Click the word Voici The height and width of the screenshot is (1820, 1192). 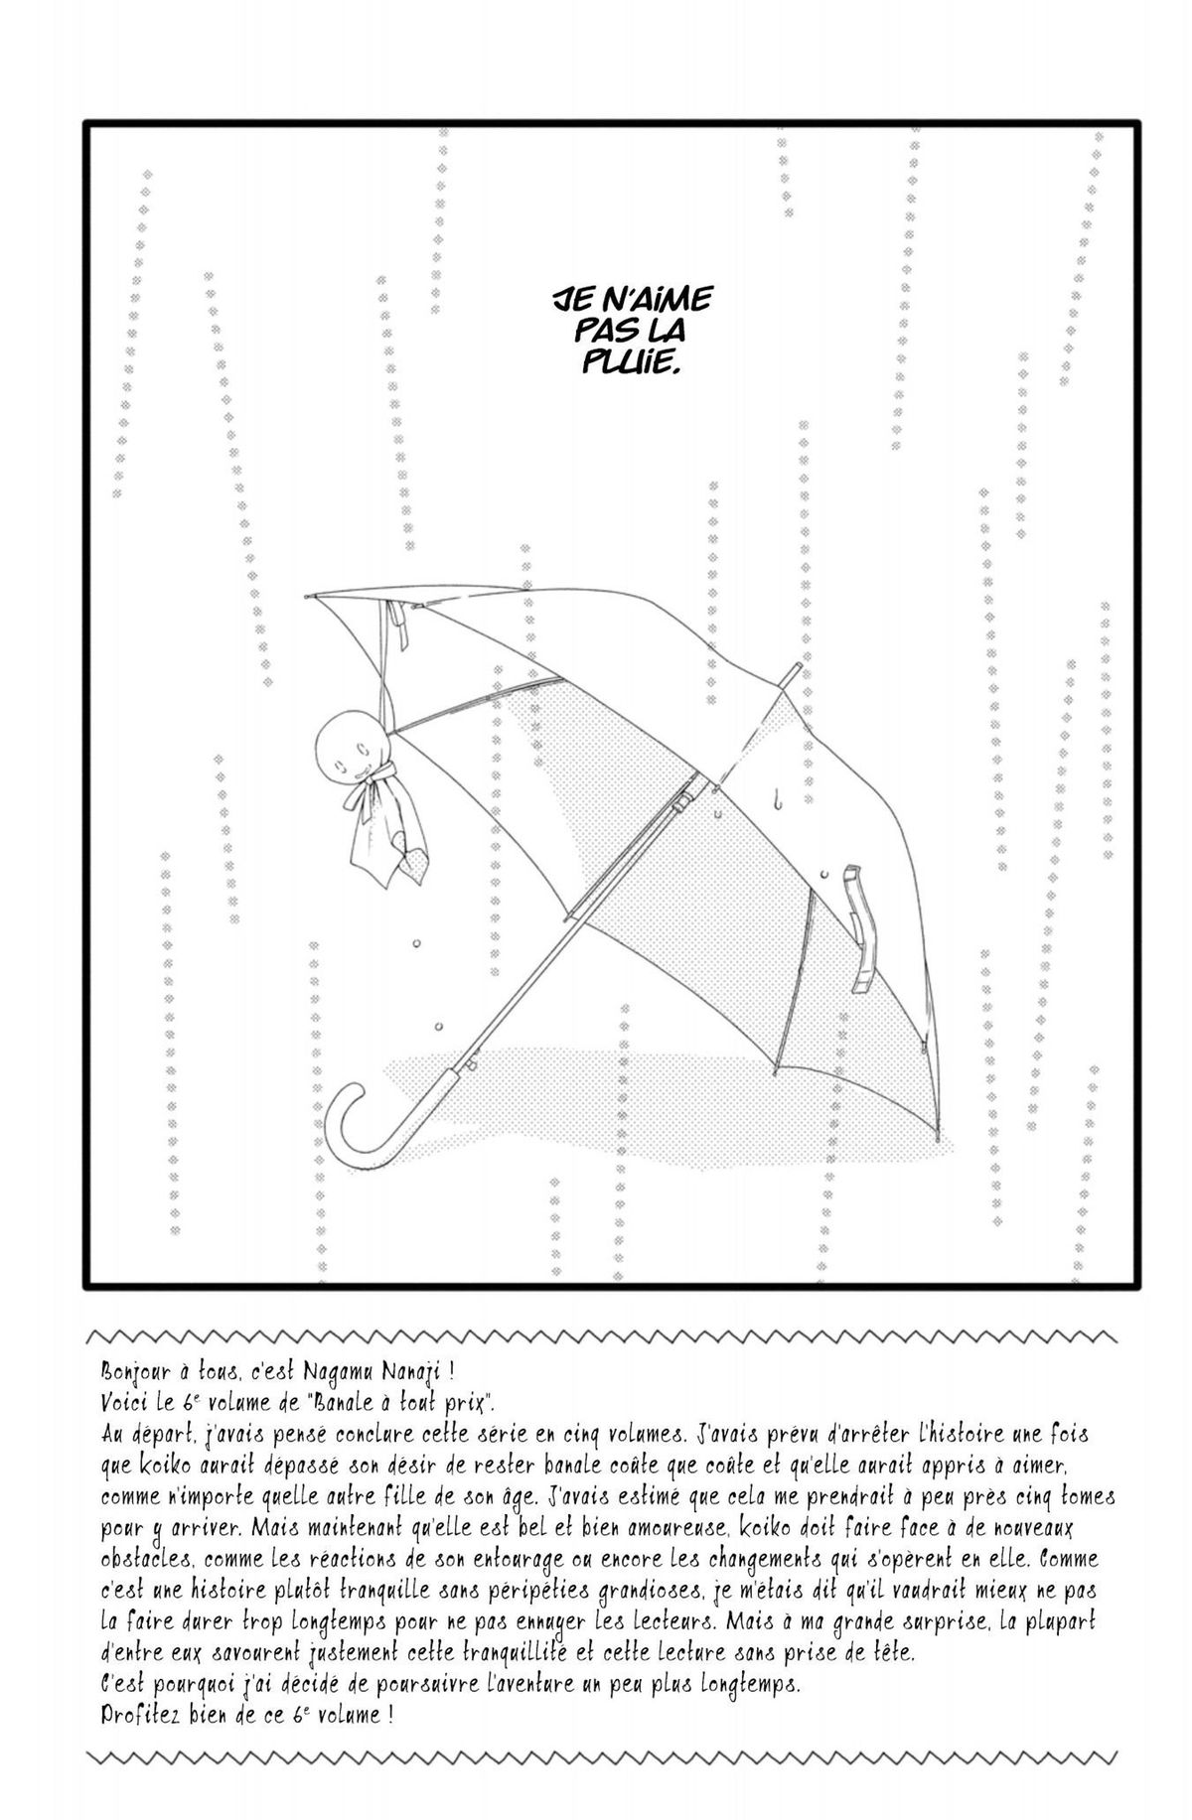click(x=124, y=1403)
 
